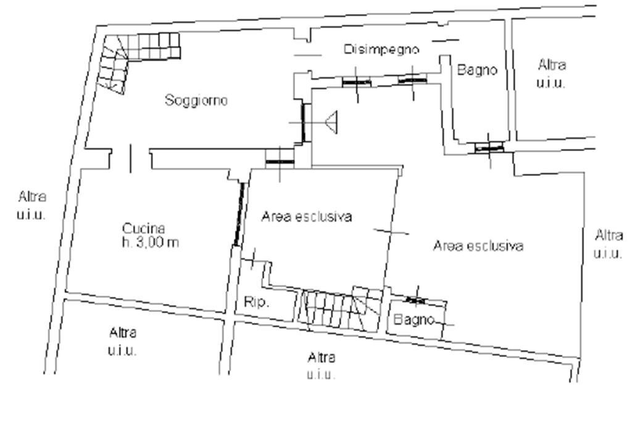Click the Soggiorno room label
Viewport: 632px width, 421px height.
(196, 100)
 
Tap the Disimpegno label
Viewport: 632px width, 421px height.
(381, 49)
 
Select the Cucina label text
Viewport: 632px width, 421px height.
(143, 229)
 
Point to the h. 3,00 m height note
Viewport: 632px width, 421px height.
(151, 242)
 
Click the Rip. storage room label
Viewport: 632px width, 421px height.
(256, 302)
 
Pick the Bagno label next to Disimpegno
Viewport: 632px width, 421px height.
(477, 70)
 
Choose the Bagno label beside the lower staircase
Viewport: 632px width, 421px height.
(414, 319)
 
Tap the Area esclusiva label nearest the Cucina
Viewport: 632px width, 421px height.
(307, 216)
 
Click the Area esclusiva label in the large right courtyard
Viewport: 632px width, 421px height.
(478, 245)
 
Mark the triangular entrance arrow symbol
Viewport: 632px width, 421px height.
(331, 123)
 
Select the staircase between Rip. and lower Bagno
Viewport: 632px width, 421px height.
(341, 309)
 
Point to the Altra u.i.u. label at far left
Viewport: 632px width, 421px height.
(31, 205)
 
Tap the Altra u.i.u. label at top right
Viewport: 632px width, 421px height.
(551, 73)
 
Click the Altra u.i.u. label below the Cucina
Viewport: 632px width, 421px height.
(123, 341)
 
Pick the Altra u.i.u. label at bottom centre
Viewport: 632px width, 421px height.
(321, 366)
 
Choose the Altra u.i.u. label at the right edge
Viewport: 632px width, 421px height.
(608, 243)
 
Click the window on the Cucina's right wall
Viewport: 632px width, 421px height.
(239, 215)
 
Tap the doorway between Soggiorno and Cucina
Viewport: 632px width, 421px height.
(131, 158)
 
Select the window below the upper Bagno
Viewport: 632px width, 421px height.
(489, 148)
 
